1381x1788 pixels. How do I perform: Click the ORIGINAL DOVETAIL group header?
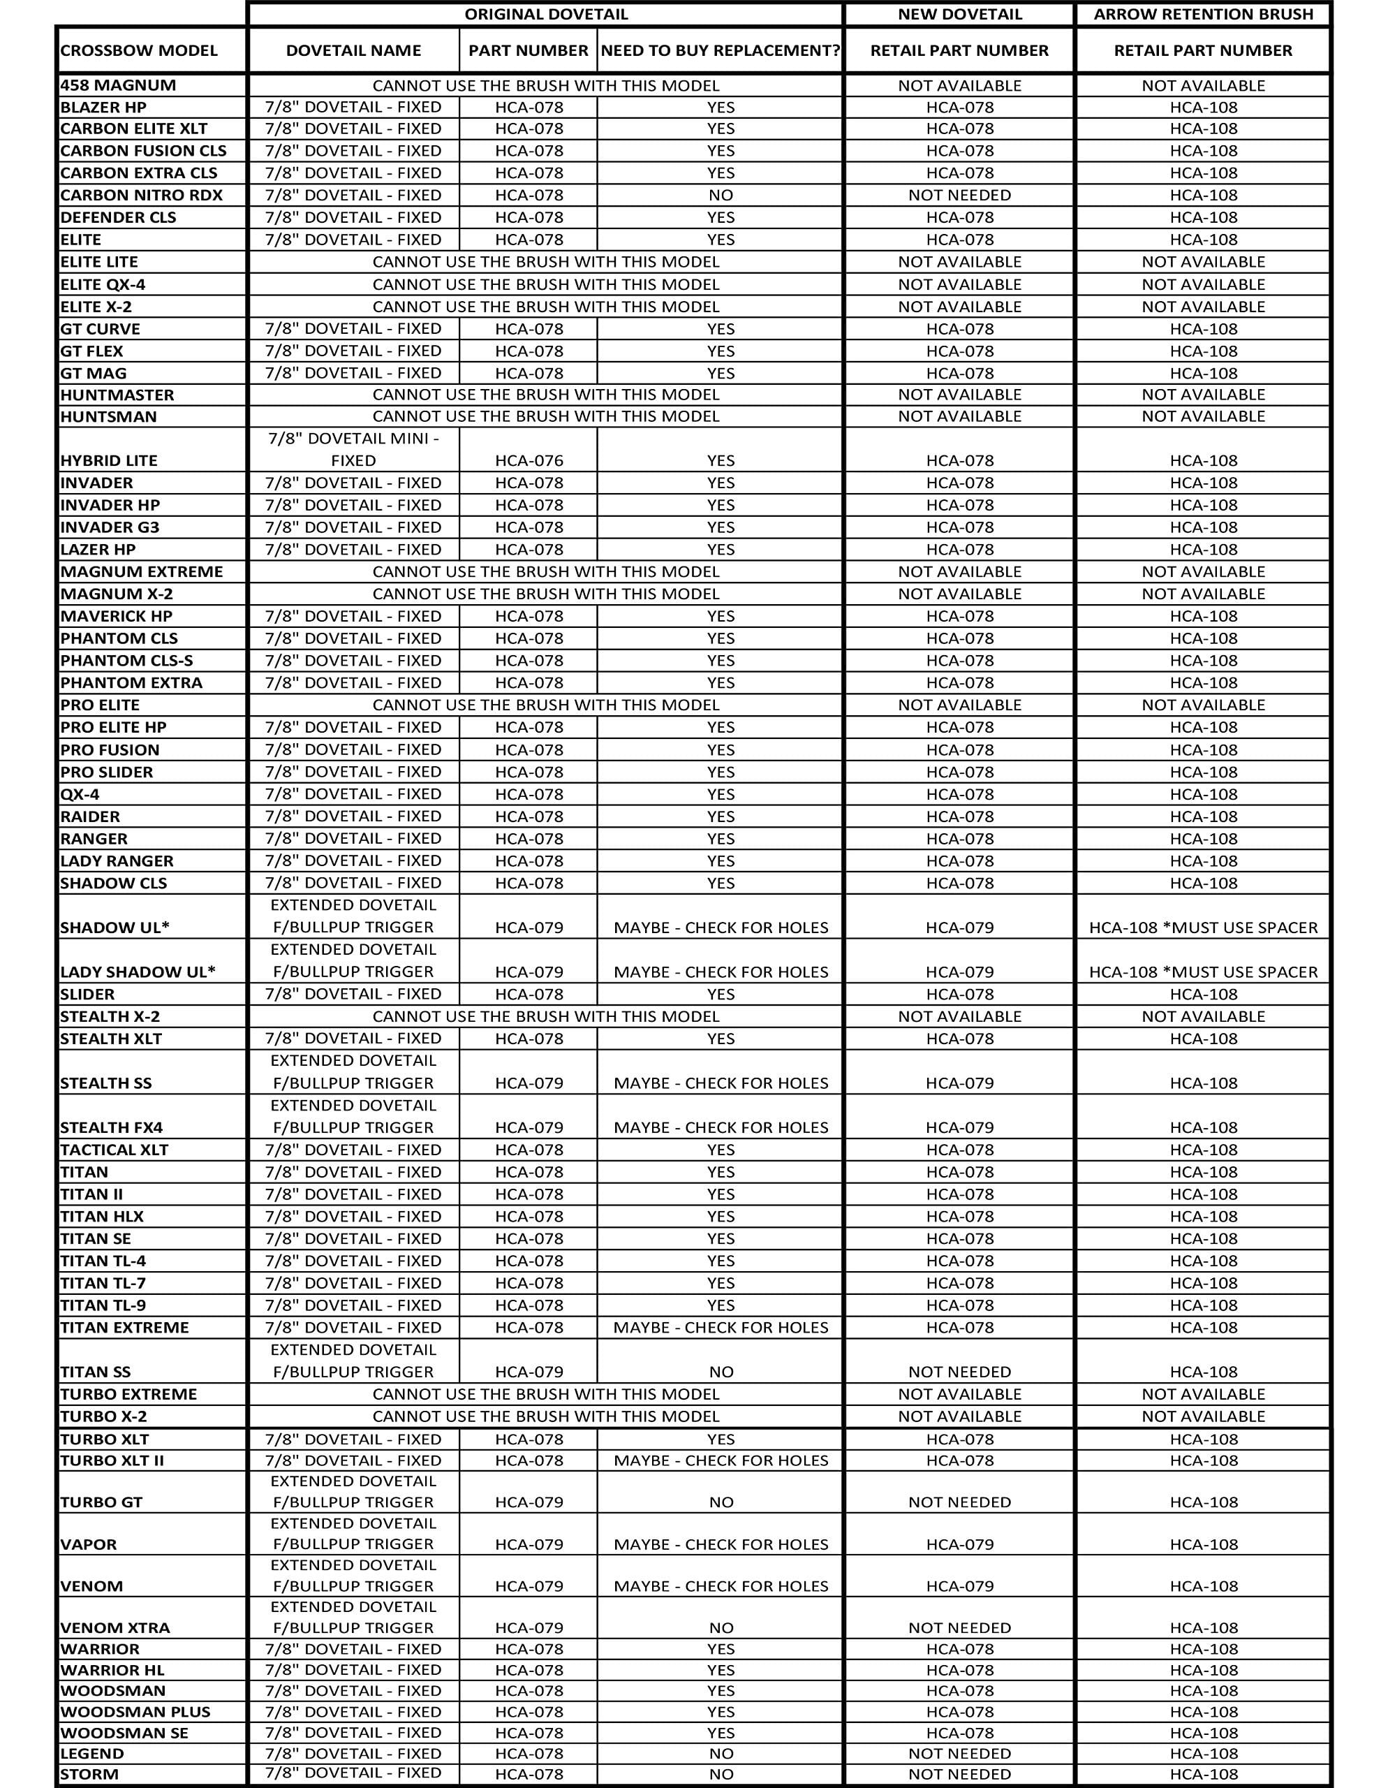click(546, 14)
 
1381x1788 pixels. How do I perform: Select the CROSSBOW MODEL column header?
click(139, 51)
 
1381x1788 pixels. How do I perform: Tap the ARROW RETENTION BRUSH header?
click(1202, 14)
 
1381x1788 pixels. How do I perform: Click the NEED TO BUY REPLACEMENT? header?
click(721, 51)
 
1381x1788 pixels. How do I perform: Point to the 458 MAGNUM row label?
click(118, 85)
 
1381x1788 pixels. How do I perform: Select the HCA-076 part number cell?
click(529, 460)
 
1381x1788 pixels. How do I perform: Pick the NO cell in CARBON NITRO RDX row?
click(721, 195)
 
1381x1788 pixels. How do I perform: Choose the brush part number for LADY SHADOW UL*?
click(1202, 972)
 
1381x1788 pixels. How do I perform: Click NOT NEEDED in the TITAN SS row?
click(959, 1371)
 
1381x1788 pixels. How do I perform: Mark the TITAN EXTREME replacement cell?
click(721, 1327)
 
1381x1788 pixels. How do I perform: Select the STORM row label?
click(89, 1774)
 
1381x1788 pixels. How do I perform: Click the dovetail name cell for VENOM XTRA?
click(354, 1617)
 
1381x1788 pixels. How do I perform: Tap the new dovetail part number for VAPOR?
click(959, 1544)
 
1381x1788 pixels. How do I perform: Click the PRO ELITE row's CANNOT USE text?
click(546, 705)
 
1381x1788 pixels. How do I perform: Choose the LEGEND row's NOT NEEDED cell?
click(959, 1753)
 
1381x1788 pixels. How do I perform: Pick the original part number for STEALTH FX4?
click(529, 1127)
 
